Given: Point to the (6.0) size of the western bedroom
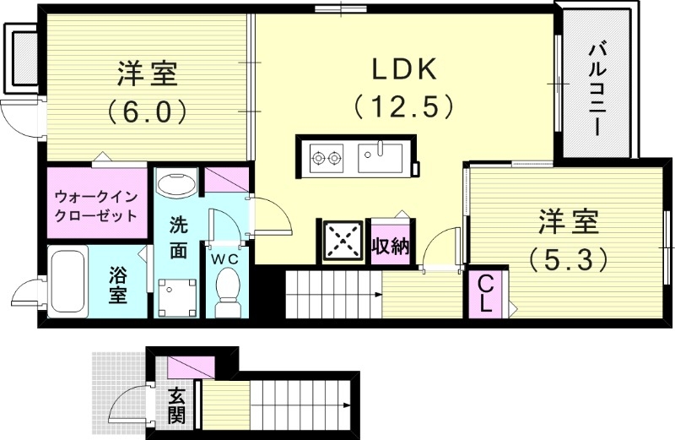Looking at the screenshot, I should [146, 111].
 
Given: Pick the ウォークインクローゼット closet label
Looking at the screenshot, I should [95, 205].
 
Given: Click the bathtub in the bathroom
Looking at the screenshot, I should [68, 282].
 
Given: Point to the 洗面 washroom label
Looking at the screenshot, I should [178, 237].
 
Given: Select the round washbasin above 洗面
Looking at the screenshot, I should [176, 185].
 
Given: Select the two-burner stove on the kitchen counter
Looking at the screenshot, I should [327, 155].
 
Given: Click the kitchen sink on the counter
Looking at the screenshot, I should [381, 155].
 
